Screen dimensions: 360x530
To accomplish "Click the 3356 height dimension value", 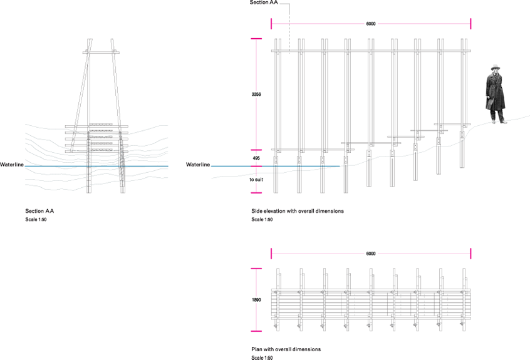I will (256, 95).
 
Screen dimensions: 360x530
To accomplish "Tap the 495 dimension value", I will (256, 159).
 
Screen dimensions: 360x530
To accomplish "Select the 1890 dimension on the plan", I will (256, 300).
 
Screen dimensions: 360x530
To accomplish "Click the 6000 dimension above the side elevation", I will (371, 24).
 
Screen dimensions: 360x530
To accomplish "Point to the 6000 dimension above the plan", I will (371, 254).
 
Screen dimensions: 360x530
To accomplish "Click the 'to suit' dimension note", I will (256, 179).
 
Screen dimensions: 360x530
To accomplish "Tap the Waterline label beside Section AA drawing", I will (12, 165).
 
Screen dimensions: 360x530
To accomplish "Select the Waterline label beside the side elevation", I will (198, 165).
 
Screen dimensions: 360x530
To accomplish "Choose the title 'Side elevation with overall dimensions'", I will (297, 212).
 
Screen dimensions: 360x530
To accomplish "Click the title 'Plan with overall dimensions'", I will (285, 349).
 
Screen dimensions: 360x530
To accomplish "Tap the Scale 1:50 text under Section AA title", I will (36, 220).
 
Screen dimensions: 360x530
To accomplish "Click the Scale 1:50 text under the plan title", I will (261, 357).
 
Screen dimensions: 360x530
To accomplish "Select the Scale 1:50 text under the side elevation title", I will (261, 220).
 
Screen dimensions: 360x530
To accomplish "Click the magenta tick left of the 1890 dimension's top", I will (256, 269).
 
